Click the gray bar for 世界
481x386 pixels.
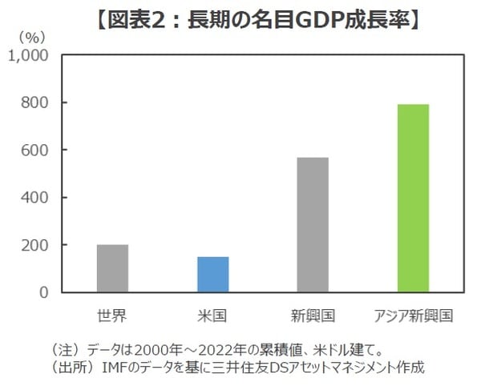(112, 268)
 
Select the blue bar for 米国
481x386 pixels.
(212, 274)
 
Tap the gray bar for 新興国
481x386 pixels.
(313, 224)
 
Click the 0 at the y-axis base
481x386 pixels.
(45, 292)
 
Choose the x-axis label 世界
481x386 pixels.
(112, 316)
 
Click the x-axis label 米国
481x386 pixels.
(212, 316)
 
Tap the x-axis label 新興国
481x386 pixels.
(313, 316)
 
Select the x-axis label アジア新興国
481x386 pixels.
(413, 316)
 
